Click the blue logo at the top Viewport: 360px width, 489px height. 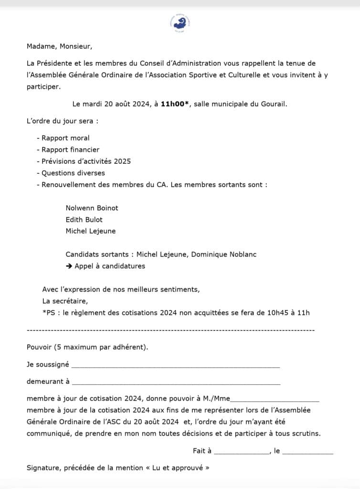[180, 22]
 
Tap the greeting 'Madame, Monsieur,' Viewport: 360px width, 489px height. [59, 46]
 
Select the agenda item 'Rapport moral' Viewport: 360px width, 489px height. [65, 138]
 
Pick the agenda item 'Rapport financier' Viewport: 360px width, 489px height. [70, 149]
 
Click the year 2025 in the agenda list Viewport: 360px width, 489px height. [122, 161]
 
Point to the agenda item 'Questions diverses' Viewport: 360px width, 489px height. [73, 173]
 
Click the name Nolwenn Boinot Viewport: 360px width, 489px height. [92, 208]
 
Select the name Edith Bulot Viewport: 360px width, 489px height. [84, 220]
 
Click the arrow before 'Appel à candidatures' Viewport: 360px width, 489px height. [69, 266]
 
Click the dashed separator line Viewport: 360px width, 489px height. [170, 330]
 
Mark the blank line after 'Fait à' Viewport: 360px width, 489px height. [242, 452]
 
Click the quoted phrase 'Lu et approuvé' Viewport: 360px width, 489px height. [177, 468]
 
